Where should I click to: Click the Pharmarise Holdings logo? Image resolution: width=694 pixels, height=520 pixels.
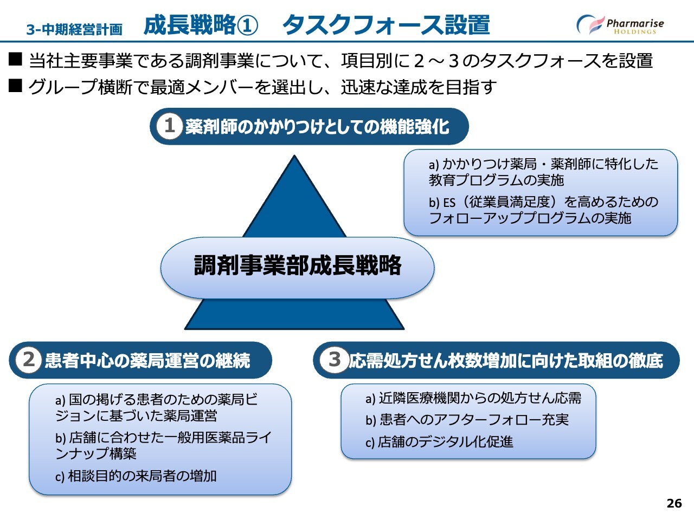[x=620, y=24]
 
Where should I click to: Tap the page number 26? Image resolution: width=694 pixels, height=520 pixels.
[x=674, y=503]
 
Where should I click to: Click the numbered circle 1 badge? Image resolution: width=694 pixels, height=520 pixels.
[x=170, y=126]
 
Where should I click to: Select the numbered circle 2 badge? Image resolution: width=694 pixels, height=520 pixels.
[x=29, y=360]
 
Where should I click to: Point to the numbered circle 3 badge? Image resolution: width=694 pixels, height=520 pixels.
[x=333, y=360]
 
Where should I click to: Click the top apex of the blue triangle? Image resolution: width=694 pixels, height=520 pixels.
[x=294, y=155]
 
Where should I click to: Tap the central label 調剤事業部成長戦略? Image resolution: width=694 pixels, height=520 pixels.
[x=298, y=265]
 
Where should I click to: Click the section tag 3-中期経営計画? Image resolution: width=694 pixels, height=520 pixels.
[x=74, y=30]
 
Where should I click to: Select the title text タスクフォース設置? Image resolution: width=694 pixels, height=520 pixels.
[x=386, y=24]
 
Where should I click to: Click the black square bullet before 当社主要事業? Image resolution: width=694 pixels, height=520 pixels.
[x=15, y=59]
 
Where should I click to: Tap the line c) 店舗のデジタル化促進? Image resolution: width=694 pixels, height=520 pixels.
[x=439, y=442]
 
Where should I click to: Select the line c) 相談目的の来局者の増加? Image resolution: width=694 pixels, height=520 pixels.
[x=136, y=476]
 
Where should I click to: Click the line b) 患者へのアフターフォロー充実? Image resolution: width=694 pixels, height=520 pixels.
[x=467, y=420]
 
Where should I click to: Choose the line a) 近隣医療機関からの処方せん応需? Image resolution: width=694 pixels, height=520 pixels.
[x=473, y=399]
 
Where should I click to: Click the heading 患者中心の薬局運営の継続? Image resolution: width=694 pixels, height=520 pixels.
[x=147, y=361]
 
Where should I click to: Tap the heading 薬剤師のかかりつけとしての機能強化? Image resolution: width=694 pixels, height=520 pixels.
[x=317, y=127]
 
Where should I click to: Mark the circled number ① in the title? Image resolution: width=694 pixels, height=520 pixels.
[x=247, y=25]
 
